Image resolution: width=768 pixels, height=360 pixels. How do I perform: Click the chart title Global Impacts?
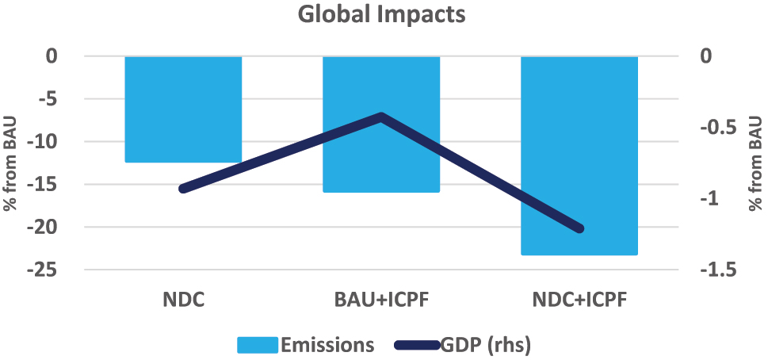coord(382,15)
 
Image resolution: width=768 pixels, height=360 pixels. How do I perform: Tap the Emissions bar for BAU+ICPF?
coord(381,159)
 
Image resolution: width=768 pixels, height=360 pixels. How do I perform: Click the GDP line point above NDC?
coord(183,189)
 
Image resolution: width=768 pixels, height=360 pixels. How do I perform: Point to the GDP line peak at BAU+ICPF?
coord(381,117)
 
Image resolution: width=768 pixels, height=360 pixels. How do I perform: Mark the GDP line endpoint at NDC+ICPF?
coord(579,229)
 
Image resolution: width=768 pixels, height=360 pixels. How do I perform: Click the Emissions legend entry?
coord(305,345)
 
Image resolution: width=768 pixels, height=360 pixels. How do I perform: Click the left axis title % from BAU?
coord(12,163)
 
